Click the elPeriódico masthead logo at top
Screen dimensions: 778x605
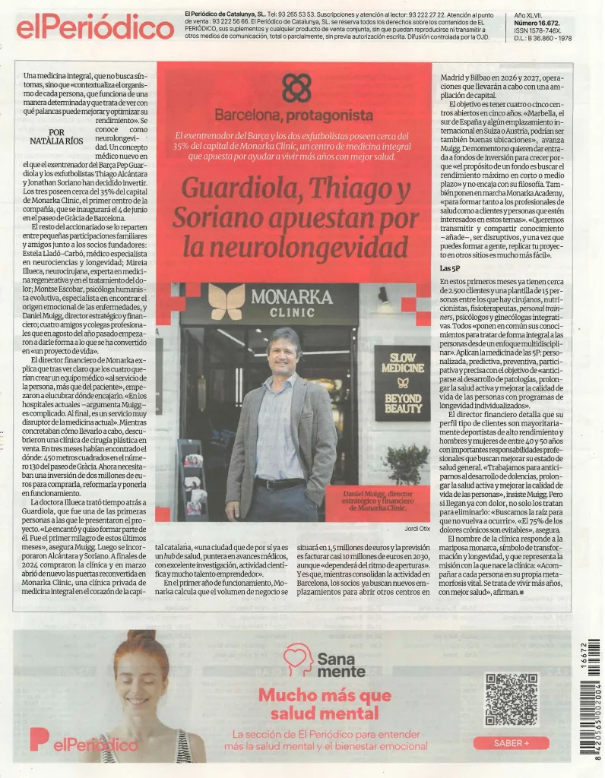click(x=94, y=27)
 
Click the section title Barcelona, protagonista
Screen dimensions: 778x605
click(x=293, y=115)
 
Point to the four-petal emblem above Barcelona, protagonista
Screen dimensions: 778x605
click(x=296, y=88)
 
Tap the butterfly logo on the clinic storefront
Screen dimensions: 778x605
click(x=227, y=302)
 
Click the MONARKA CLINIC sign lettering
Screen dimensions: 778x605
click(x=292, y=302)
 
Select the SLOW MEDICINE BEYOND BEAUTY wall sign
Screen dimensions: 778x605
click(x=402, y=382)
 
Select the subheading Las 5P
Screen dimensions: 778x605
click(x=450, y=268)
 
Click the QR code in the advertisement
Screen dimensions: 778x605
click(x=510, y=698)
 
